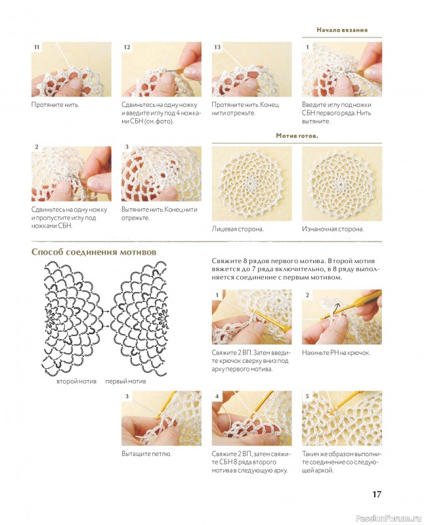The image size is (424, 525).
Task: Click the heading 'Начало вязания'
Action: (342, 30)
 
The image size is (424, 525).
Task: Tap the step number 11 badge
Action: (37, 47)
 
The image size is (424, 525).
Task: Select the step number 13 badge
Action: (217, 47)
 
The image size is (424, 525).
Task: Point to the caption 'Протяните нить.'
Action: (55, 105)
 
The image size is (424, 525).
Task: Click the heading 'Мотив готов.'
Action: (297, 136)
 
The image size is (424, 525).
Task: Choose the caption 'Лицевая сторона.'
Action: (238, 229)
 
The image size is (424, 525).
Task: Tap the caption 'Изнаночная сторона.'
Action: (333, 229)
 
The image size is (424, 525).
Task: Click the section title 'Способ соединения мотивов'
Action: (94, 252)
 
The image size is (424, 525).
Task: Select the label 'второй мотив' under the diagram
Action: (76, 381)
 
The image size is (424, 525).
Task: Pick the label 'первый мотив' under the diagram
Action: (125, 381)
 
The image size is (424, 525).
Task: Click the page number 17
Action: (377, 494)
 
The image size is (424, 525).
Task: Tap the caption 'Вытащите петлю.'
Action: (146, 454)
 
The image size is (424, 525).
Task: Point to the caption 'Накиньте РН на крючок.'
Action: (336, 352)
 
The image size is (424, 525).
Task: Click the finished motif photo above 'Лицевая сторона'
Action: (251, 184)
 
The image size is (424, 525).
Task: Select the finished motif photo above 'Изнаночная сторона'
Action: (342, 184)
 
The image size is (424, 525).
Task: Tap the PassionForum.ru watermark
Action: (388, 518)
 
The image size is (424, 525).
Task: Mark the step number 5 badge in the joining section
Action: (307, 396)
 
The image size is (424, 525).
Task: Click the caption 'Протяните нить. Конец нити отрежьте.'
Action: (245, 109)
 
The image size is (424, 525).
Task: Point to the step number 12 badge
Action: (127, 47)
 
